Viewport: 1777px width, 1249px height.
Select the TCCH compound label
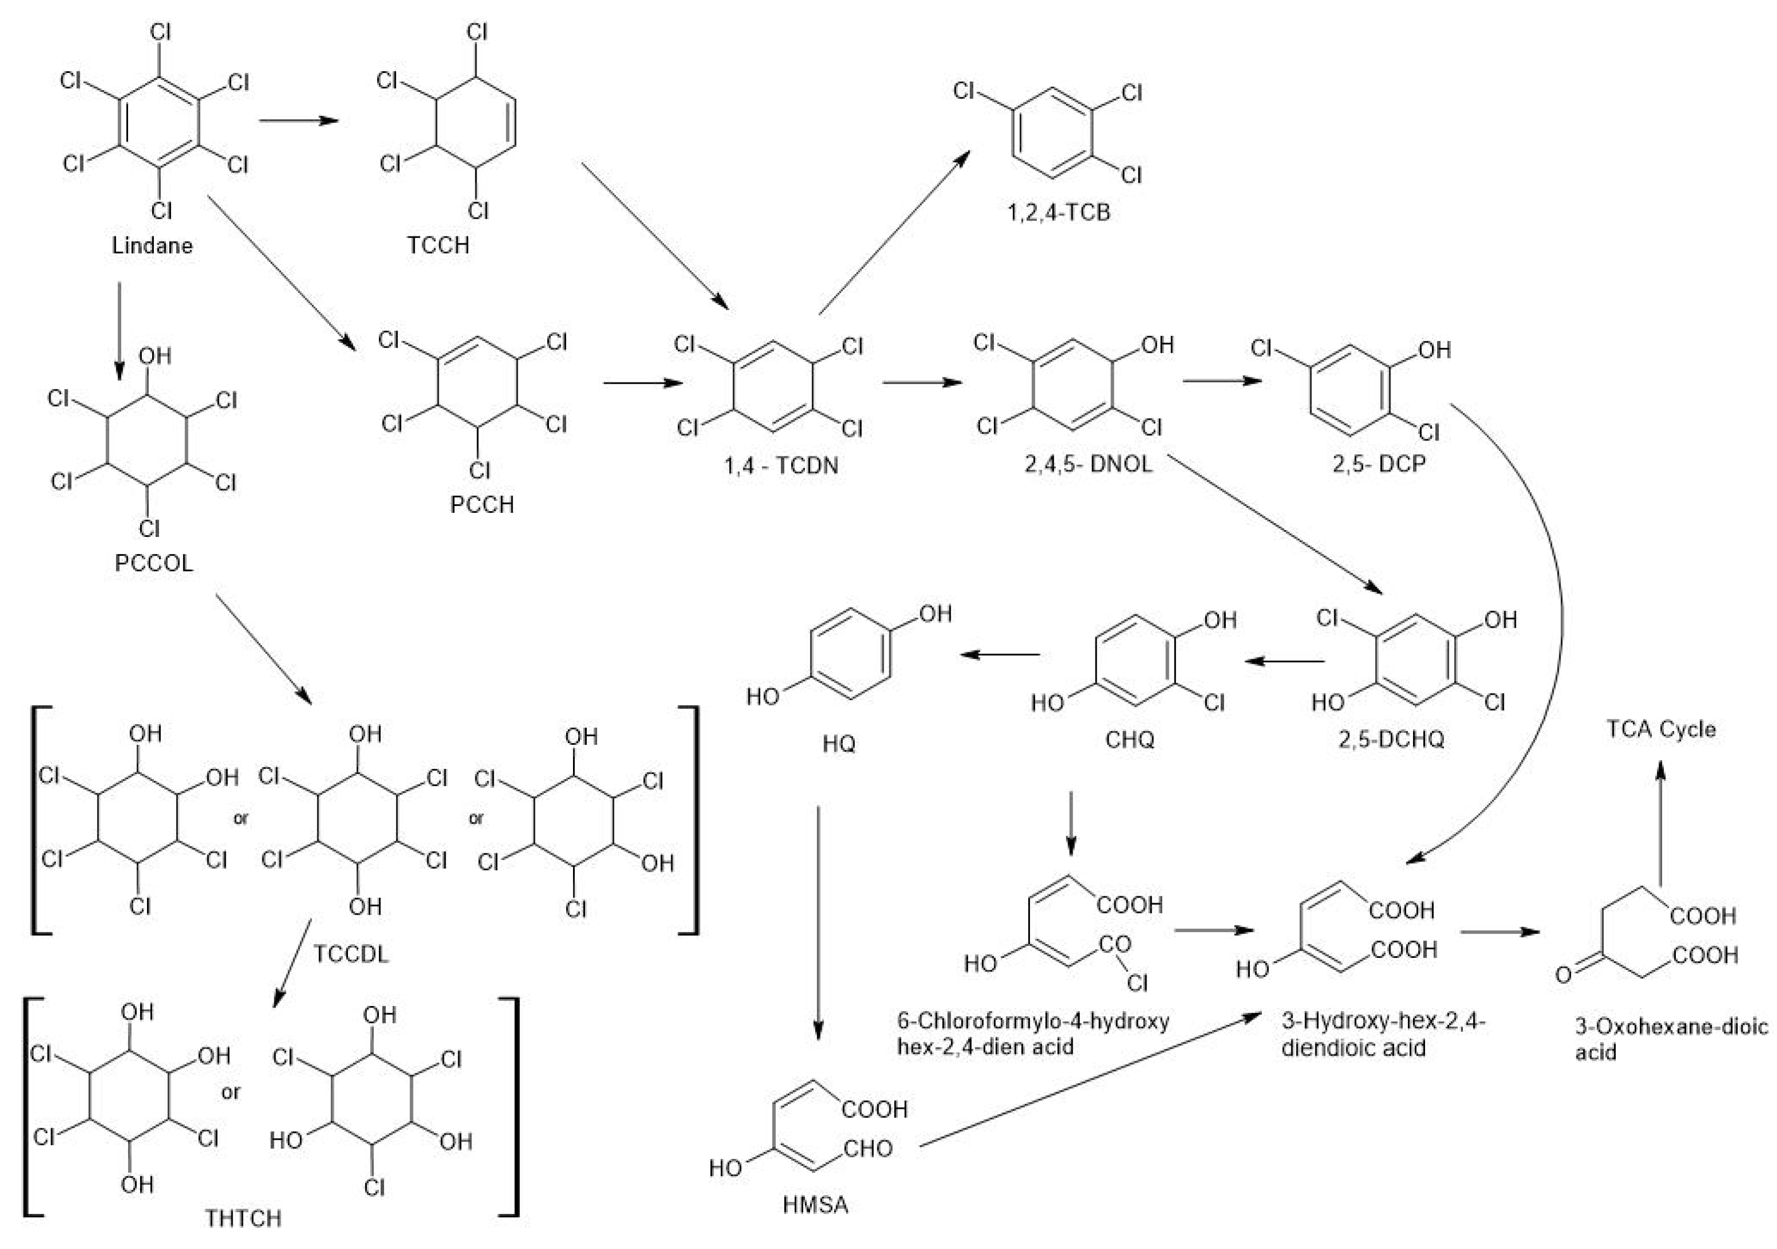pos(438,245)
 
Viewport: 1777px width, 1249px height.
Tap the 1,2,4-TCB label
pos(1058,212)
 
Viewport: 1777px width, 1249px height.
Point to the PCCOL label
pos(153,563)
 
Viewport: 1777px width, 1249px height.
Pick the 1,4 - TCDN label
pos(781,466)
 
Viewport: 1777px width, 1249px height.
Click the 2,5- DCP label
pos(1379,465)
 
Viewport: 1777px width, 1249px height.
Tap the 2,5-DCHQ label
pos(1391,739)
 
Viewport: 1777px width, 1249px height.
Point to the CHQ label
pos(1129,740)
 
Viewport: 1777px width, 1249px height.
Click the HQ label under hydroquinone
pos(838,744)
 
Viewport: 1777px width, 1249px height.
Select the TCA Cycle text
pos(1661,729)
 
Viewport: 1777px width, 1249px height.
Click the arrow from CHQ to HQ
pos(1000,655)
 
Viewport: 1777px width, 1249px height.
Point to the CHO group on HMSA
pos(868,1149)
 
